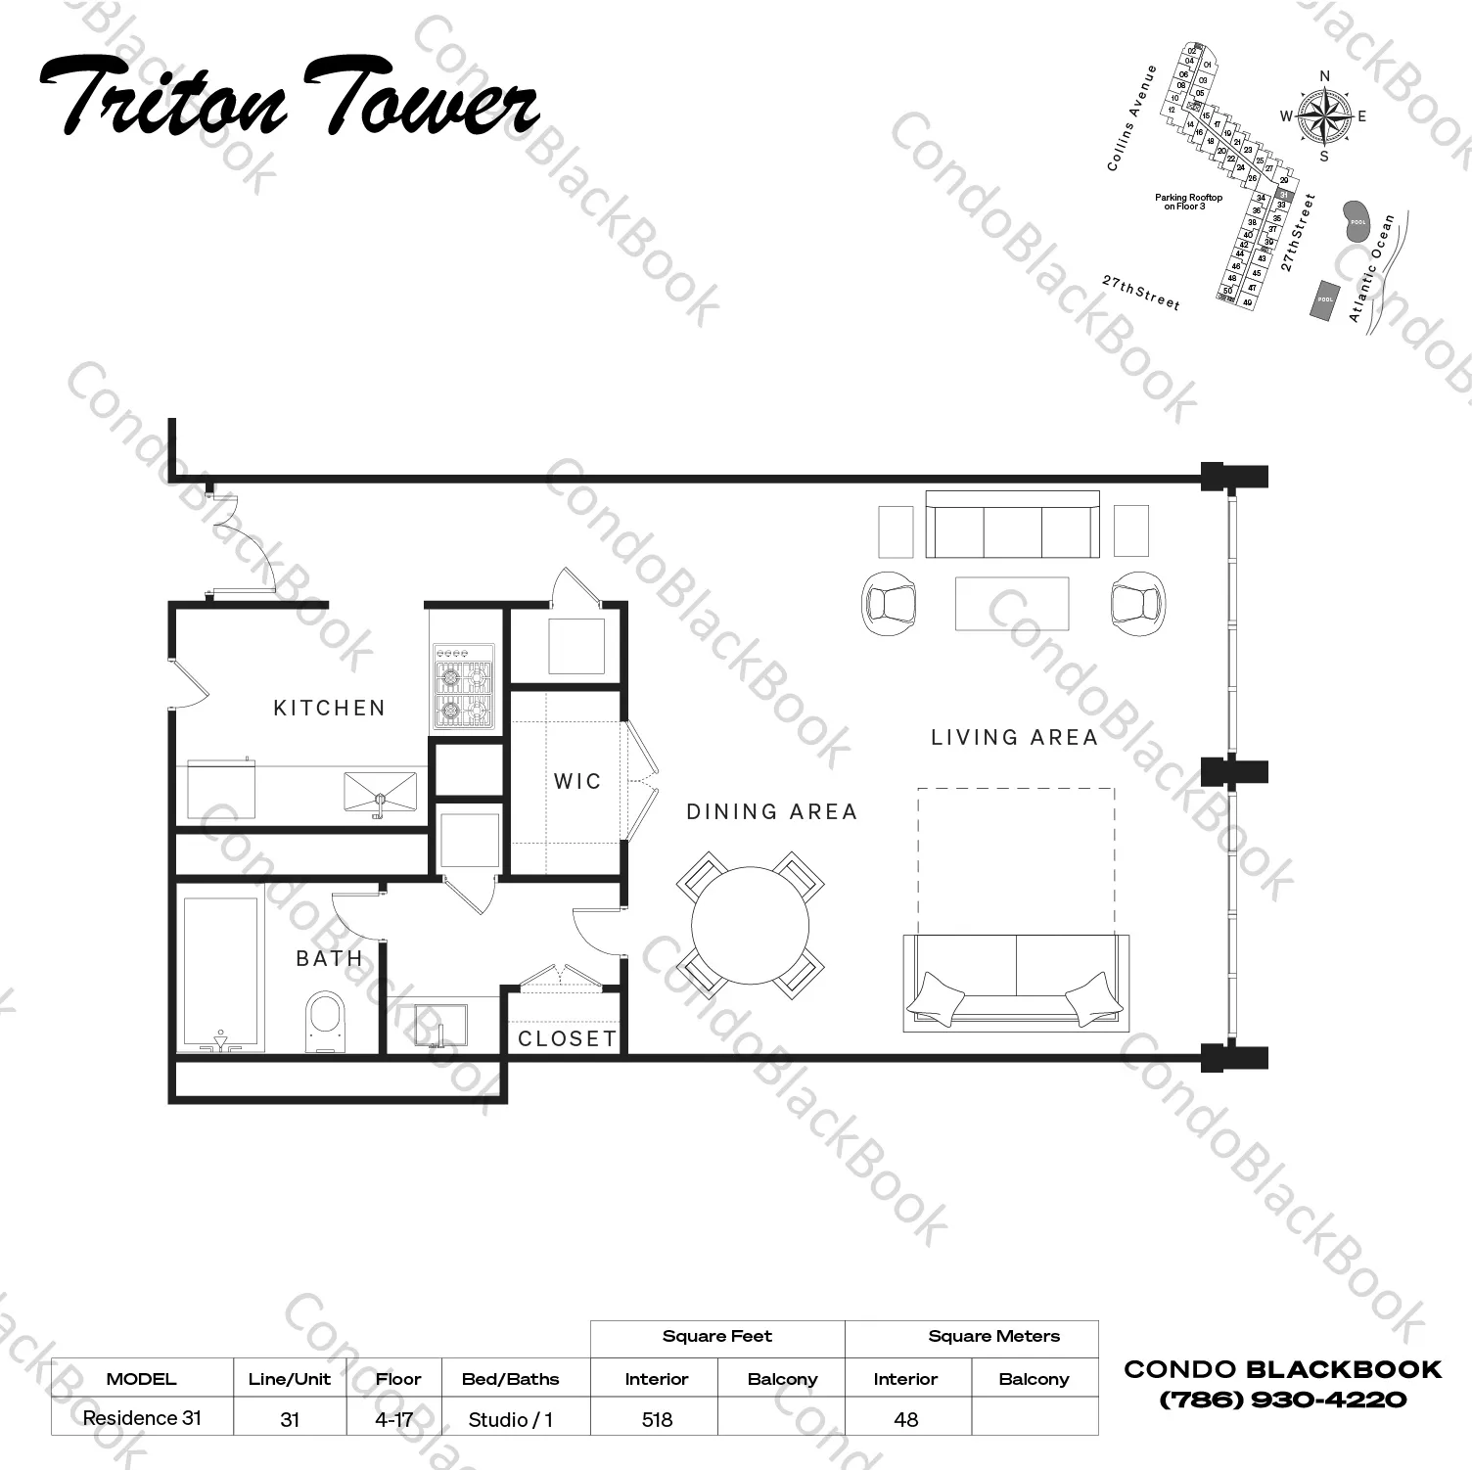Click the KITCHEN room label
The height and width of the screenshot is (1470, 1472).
[329, 708]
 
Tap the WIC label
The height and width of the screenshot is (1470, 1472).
[576, 781]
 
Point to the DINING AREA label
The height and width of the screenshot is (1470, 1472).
[771, 811]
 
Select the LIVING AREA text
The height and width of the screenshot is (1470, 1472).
[1014, 737]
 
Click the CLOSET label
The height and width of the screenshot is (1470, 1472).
[568, 1038]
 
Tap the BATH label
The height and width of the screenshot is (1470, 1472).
[329, 958]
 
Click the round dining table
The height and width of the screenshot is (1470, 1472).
[750, 925]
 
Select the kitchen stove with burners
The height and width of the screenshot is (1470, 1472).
[463, 687]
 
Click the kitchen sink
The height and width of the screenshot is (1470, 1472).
[380, 792]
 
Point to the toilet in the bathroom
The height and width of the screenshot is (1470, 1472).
[326, 1022]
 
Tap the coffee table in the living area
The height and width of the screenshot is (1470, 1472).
[1012, 603]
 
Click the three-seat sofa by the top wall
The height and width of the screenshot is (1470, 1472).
[1012, 526]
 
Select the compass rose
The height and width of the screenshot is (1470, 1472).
[1324, 116]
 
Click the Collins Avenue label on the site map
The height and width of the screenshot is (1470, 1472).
[1131, 118]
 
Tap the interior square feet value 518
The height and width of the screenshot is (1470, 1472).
[657, 1418]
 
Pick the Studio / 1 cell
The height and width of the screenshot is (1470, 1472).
[510, 1418]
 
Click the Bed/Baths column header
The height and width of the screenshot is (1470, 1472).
[510, 1379]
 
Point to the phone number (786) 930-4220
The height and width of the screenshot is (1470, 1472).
[1282, 1400]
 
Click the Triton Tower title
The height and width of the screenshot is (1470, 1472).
[290, 98]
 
